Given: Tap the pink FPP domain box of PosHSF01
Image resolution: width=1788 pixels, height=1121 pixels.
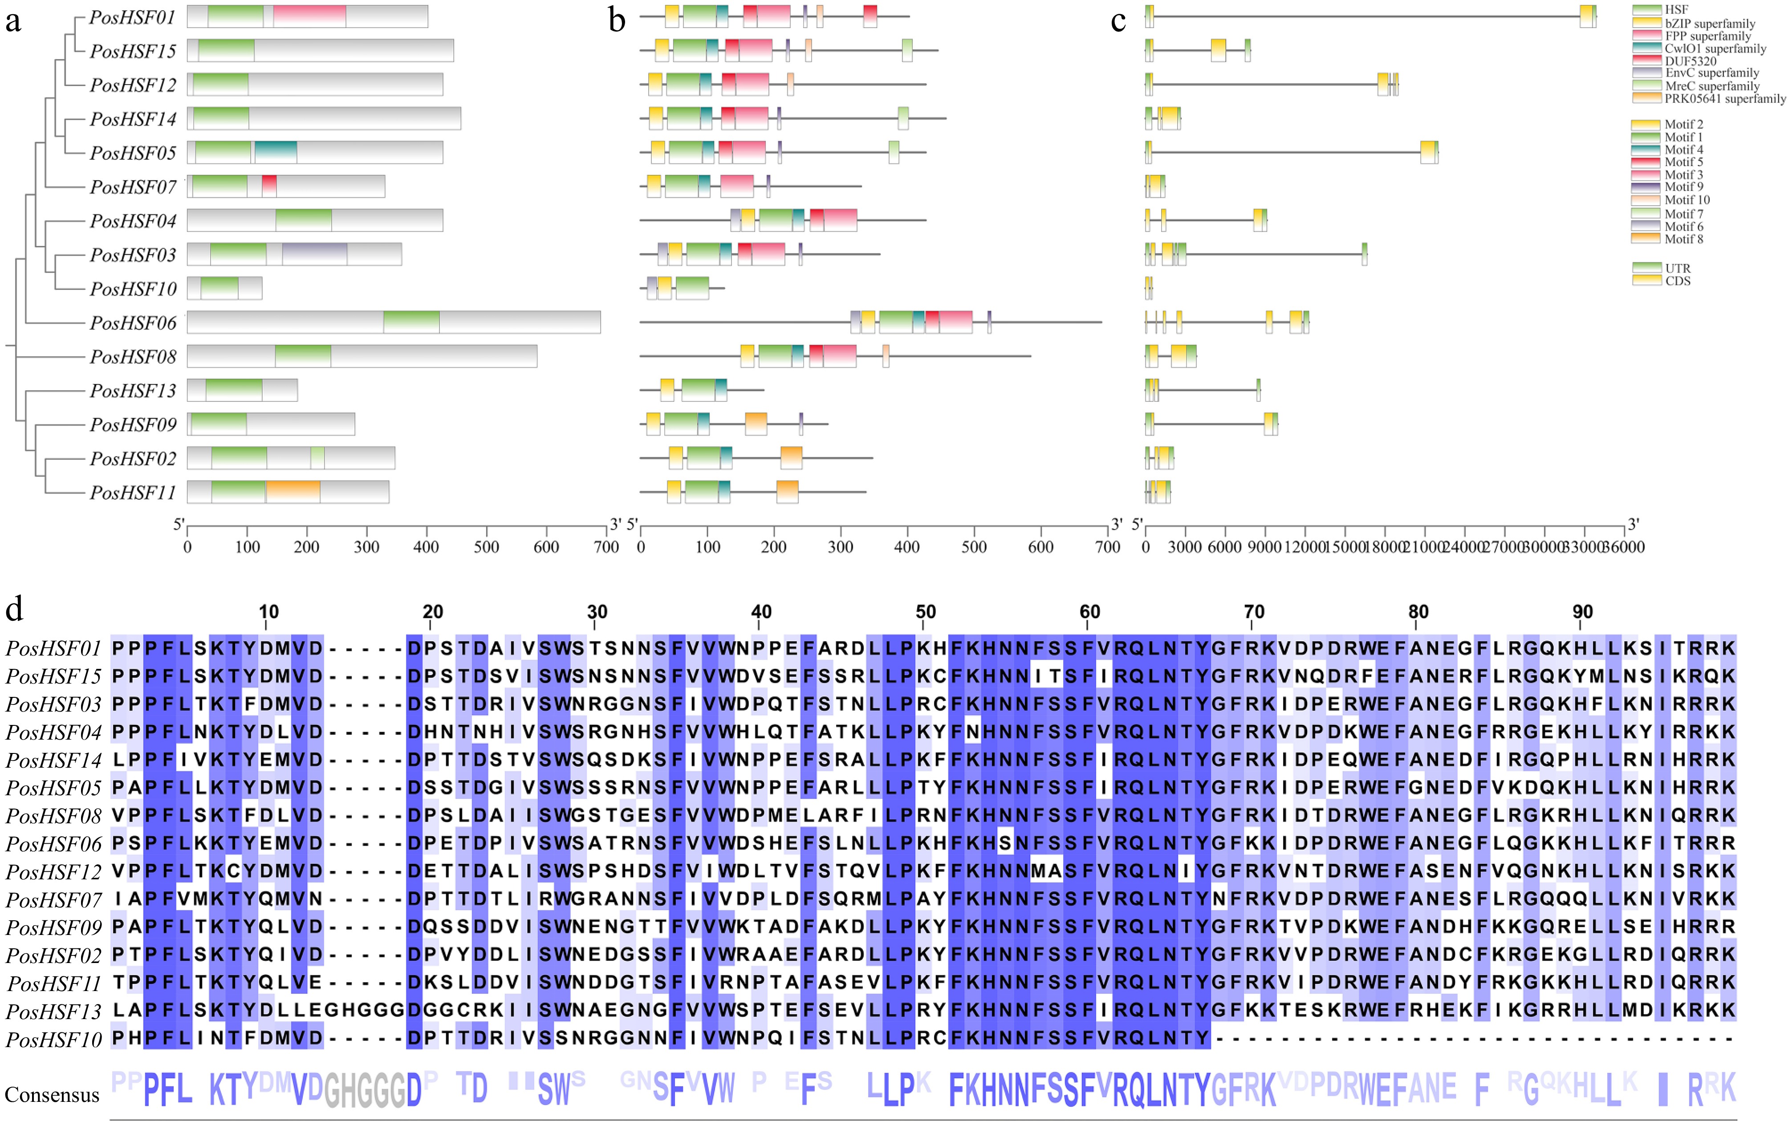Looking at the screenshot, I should coord(309,16).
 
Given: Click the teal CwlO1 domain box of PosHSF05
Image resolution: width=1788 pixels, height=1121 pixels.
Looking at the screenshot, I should coord(276,152).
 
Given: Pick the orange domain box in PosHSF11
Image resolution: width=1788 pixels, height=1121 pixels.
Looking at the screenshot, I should coord(293,492).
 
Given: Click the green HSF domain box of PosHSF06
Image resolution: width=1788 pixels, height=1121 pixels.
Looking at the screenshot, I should coord(411,323).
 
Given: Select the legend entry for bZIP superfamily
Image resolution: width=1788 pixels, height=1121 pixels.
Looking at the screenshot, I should coord(1709,24).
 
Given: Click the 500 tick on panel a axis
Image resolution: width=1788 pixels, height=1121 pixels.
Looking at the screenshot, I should coord(487,547).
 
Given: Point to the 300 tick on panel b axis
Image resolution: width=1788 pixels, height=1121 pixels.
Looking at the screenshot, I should coord(840,547).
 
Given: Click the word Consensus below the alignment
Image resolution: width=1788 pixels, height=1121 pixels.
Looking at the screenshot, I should coord(52,1095).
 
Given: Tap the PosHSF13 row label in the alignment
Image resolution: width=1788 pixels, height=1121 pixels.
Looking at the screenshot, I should coord(53,1011).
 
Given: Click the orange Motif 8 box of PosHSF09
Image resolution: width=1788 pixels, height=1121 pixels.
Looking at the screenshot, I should coord(756,424).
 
